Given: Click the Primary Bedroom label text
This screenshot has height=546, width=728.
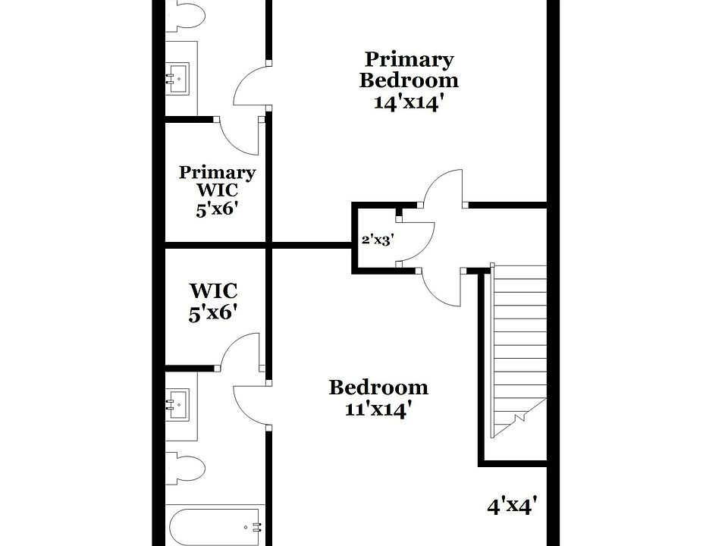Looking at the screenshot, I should click(409, 69).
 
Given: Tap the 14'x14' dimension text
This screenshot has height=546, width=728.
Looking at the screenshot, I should click(409, 102).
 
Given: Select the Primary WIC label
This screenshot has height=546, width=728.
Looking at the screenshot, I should click(217, 182).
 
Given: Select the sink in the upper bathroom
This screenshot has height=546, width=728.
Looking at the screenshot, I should click(180, 76).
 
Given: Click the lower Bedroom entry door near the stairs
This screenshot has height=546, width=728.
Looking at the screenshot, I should click(444, 288).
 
